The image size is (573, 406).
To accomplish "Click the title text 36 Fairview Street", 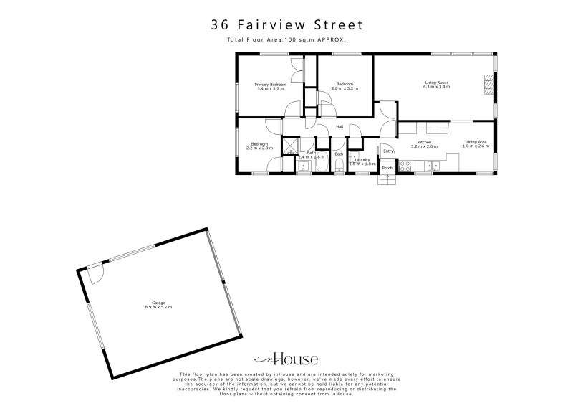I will [286, 24].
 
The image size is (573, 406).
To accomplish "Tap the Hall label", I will [340, 127].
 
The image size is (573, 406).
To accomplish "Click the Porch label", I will [387, 168].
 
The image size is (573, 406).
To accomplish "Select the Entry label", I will [387, 151].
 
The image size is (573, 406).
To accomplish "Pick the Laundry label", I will [362, 161].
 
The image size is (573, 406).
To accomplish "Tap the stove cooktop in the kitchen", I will [405, 166].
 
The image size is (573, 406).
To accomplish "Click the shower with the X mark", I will [289, 144].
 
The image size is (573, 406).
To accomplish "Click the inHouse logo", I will [286, 359].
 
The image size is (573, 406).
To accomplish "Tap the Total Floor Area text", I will [286, 40].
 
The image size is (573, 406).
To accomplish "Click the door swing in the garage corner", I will [96, 273].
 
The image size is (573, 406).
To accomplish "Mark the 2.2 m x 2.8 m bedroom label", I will [259, 146].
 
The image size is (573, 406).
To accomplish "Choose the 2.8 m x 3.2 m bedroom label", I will [345, 86].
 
